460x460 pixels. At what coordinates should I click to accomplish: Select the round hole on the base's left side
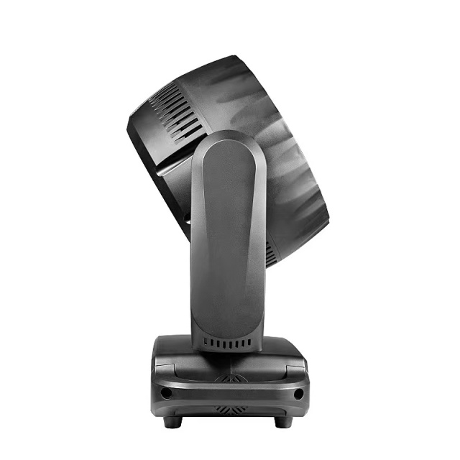pos(166,393)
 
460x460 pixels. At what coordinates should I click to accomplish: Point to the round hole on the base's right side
pos(298,394)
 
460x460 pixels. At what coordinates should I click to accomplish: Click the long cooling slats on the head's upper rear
pos(176,111)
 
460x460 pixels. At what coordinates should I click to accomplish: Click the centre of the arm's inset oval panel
pos(228,237)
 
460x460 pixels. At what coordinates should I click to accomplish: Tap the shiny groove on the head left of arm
pos(172,170)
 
